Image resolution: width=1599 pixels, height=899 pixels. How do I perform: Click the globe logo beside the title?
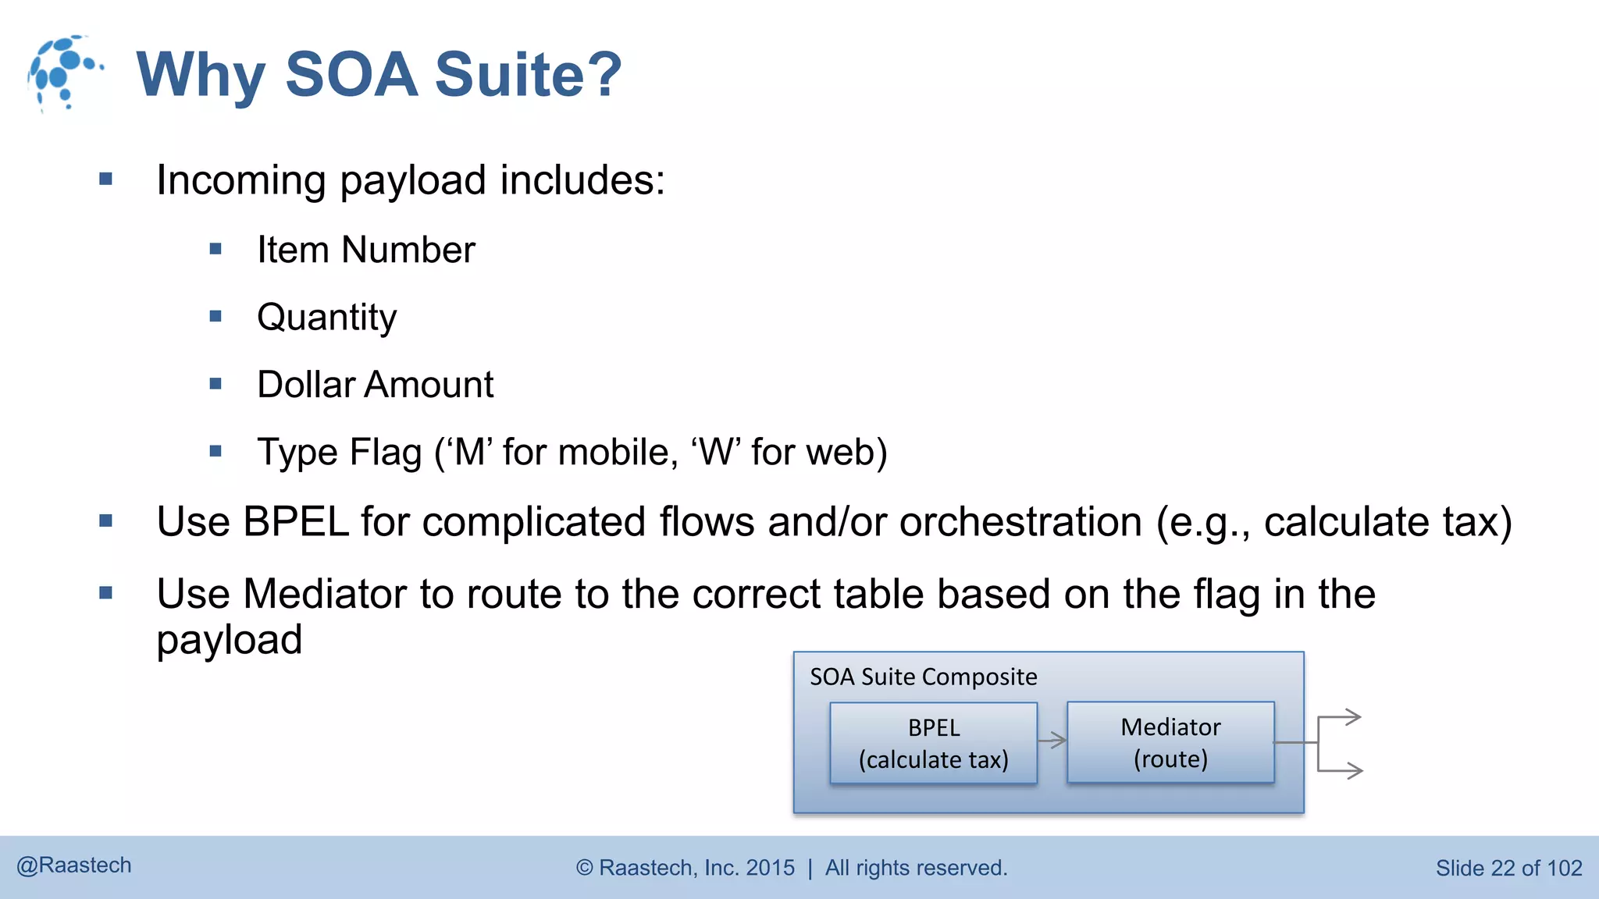(64, 73)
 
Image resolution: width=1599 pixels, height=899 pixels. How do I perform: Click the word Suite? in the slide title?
(528, 75)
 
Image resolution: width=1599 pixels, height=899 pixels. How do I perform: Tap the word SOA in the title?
(351, 75)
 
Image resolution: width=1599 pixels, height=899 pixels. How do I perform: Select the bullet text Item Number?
(365, 251)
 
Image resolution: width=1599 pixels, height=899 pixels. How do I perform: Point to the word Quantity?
(326, 318)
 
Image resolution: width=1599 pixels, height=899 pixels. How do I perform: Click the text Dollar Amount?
(375, 385)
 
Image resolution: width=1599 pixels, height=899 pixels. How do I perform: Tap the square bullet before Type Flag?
(216, 451)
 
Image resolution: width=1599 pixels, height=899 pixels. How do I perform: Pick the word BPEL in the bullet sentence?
(295, 521)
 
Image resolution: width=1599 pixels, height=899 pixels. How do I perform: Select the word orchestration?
(1020, 521)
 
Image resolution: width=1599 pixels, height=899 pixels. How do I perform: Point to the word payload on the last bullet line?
(229, 640)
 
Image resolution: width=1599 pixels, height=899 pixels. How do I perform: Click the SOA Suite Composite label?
(923, 677)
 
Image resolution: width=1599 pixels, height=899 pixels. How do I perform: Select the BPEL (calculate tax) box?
(933, 743)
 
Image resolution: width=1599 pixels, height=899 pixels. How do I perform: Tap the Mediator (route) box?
(1170, 742)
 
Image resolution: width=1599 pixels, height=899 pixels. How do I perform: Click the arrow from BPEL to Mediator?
(1052, 740)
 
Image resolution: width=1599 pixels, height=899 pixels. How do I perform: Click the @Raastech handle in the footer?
(74, 865)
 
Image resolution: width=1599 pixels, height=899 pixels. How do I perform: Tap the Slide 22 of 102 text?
(1508, 868)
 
